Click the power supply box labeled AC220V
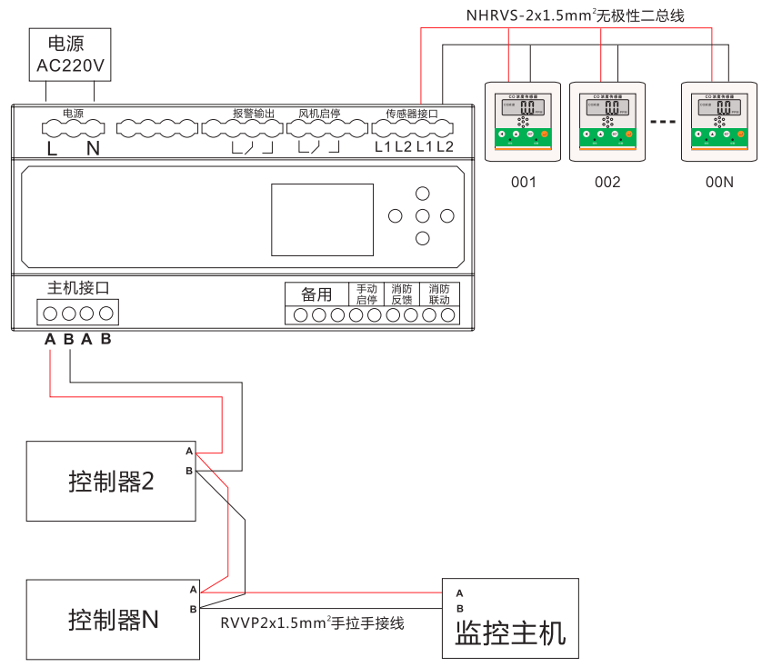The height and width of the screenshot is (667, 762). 71,55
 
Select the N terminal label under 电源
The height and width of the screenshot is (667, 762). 93,147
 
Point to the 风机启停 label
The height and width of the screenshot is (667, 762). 319,114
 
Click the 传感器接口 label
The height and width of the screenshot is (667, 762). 412,114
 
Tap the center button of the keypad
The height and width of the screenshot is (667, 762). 422,216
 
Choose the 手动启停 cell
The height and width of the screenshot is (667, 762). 366,294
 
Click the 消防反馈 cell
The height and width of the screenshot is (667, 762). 402,294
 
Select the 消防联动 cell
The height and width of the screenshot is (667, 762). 439,294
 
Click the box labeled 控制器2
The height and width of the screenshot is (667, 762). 111,482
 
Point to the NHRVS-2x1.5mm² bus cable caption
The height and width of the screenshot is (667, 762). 575,15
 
